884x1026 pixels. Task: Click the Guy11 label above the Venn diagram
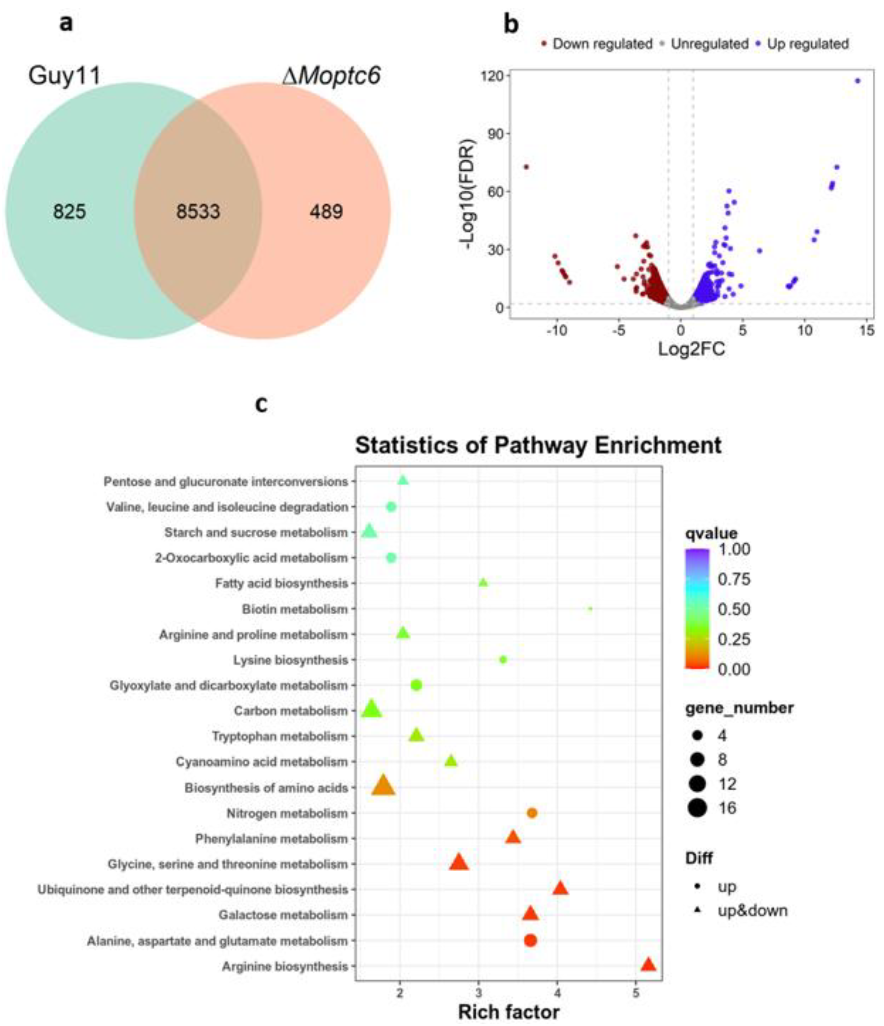(x=64, y=76)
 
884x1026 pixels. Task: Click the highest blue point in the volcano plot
(x=858, y=81)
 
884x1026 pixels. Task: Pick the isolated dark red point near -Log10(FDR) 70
(x=526, y=167)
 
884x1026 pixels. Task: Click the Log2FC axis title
(x=691, y=349)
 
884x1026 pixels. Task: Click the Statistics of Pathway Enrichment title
(x=538, y=445)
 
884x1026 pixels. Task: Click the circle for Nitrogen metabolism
(x=532, y=813)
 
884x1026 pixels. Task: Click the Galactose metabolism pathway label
(x=283, y=915)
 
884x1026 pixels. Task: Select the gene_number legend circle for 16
(x=697, y=809)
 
